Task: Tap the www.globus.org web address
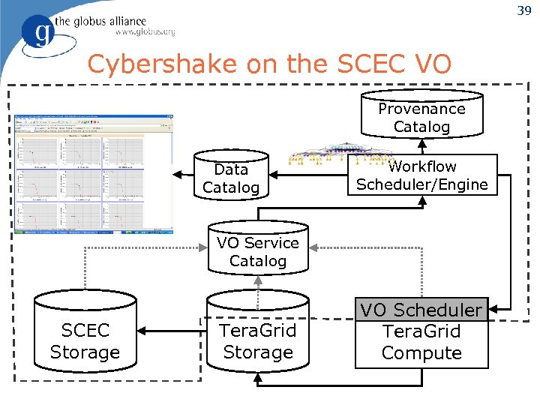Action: click(145, 32)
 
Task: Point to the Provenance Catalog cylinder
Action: click(421, 117)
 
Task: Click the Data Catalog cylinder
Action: click(231, 177)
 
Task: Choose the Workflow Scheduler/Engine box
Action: click(421, 175)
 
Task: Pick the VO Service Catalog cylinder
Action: click(258, 249)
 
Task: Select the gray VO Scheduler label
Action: click(421, 310)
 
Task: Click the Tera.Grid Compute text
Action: click(421, 342)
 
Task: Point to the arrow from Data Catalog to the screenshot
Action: click(184, 175)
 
